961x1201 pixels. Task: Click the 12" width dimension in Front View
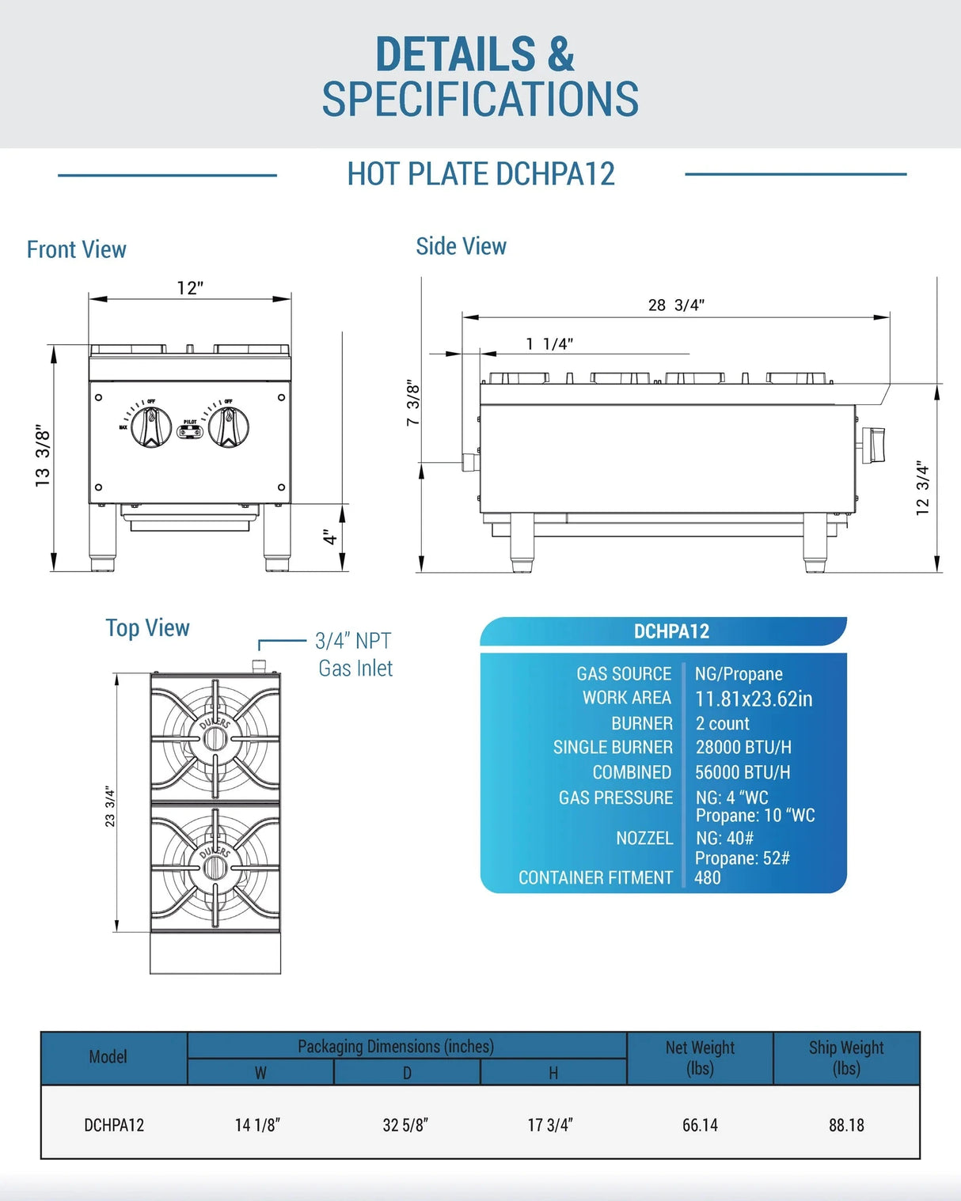190,288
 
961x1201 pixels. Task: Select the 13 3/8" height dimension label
43,457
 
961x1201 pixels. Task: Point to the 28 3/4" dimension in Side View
676,305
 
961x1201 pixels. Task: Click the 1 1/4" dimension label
549,344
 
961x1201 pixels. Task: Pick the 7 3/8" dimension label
413,403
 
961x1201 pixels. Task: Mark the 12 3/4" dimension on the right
922,488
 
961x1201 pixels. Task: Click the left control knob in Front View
150,427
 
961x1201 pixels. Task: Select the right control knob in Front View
229,427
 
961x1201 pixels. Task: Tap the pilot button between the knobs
190,432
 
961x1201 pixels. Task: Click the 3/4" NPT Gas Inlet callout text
354,654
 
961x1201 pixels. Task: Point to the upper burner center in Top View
215,738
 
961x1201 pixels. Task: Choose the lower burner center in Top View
215,867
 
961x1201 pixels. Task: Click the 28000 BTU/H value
743,748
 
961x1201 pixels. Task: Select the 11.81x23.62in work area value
754,699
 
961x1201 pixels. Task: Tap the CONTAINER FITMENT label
595,877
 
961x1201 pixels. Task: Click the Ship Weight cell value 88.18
846,1125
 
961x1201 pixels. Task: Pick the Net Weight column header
700,1058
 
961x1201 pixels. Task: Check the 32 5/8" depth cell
405,1125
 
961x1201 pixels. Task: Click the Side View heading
461,247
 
